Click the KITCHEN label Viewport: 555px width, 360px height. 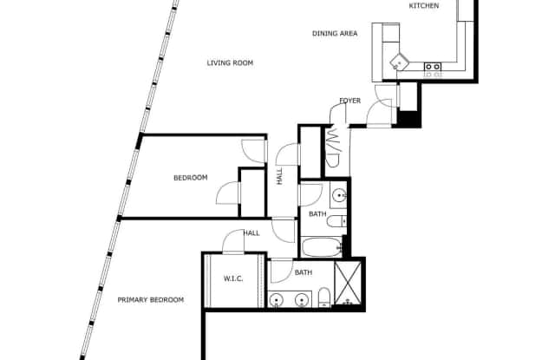[424, 6]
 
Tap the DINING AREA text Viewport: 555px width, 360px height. [335, 34]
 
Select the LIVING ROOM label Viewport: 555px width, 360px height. [230, 63]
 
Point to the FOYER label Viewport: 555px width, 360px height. [350, 101]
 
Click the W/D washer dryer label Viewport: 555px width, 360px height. [333, 147]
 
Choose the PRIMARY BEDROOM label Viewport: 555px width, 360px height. [150, 300]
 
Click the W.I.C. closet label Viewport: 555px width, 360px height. [233, 278]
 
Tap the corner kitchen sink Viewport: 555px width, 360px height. [399, 63]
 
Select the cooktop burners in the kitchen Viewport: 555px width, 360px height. [433, 67]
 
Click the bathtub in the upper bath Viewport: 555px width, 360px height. [322, 247]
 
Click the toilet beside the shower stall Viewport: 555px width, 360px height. [324, 298]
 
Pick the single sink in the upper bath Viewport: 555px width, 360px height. [339, 194]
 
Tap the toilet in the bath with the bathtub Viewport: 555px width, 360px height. [337, 221]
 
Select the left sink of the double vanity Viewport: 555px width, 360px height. [276, 300]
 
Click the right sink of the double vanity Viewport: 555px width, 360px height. [302, 300]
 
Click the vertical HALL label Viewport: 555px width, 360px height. [279, 176]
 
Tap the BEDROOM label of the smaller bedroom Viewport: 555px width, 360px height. [191, 178]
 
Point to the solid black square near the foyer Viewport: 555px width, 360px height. [408, 119]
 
